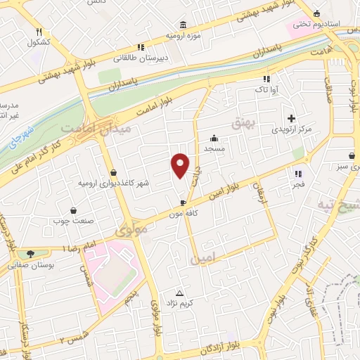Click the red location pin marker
pos(181,165)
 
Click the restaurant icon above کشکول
pos(39,32)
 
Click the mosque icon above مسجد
pos(214,139)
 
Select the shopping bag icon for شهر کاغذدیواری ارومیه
pos(113,172)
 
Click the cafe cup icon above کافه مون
pos(183,202)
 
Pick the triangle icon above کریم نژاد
pos(179,292)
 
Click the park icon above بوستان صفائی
pos(30,254)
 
